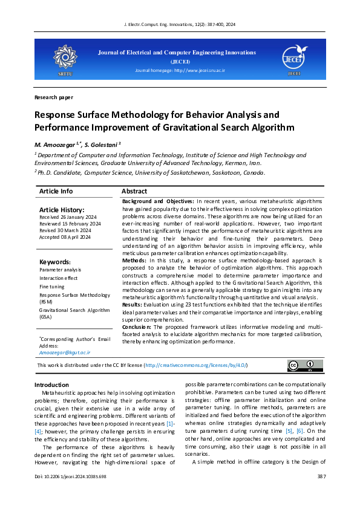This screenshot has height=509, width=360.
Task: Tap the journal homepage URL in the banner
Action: pyautogui.click(x=180, y=71)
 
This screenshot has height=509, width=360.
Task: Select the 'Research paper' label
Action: pyautogui.click(x=53, y=97)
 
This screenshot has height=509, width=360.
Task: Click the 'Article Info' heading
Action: pyautogui.click(x=56, y=191)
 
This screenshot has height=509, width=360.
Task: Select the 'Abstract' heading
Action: pyautogui.click(x=134, y=191)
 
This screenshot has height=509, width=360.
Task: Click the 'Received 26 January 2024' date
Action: pyautogui.click(x=65, y=217)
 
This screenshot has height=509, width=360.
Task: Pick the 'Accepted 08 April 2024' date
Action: pyautogui.click(x=64, y=237)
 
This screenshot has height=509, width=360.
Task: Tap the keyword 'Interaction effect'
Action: pyautogui.click(x=59, y=278)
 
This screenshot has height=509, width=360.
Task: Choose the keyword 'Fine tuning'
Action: pyautogui.click(x=51, y=287)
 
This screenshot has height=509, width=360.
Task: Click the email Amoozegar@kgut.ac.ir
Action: pyautogui.click(x=65, y=352)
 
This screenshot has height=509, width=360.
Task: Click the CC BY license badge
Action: pyautogui.click(x=304, y=366)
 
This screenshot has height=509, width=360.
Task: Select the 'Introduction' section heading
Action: pyautogui.click(x=51, y=384)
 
